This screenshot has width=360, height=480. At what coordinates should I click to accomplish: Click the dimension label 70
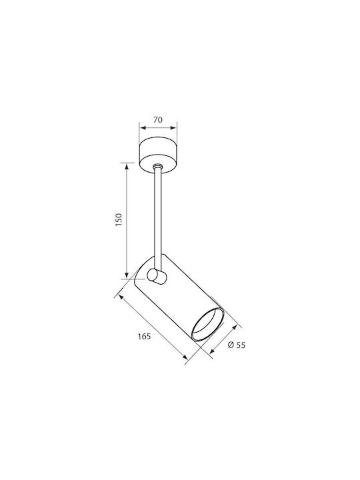click(158, 120)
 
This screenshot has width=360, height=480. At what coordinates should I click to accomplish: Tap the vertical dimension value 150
click(119, 220)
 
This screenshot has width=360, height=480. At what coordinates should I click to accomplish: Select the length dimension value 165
click(144, 337)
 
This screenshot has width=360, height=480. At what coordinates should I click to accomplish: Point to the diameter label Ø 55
click(237, 345)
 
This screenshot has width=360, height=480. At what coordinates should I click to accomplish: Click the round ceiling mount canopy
click(158, 155)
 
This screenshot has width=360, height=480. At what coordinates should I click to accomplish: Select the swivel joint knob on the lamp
click(157, 277)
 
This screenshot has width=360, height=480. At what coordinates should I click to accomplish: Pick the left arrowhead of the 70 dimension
click(142, 127)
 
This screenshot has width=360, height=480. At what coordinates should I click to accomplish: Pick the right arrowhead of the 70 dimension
click(174, 127)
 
